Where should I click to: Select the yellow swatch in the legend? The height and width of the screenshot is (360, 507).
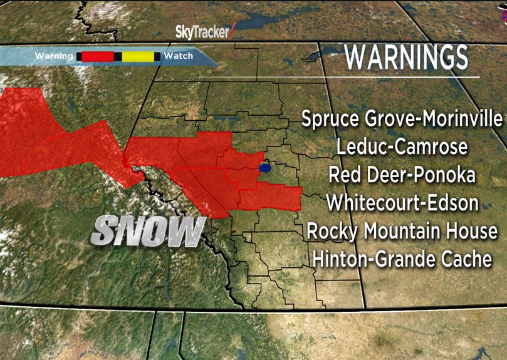click(138, 56)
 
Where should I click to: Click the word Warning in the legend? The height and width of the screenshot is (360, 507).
click(55, 56)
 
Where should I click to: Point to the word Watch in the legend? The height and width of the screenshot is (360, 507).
click(178, 56)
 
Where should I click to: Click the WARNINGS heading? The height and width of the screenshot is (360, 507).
click(407, 58)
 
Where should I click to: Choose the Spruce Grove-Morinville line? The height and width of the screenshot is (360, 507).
click(402, 119)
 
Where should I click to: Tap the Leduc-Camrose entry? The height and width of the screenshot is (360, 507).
click(402, 147)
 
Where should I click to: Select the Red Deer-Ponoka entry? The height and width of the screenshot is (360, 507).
click(402, 175)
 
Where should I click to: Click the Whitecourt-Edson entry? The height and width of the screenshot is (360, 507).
click(402, 203)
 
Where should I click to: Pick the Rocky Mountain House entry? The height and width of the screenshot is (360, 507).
click(402, 230)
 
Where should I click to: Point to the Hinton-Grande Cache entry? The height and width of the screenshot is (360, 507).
click(402, 259)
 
